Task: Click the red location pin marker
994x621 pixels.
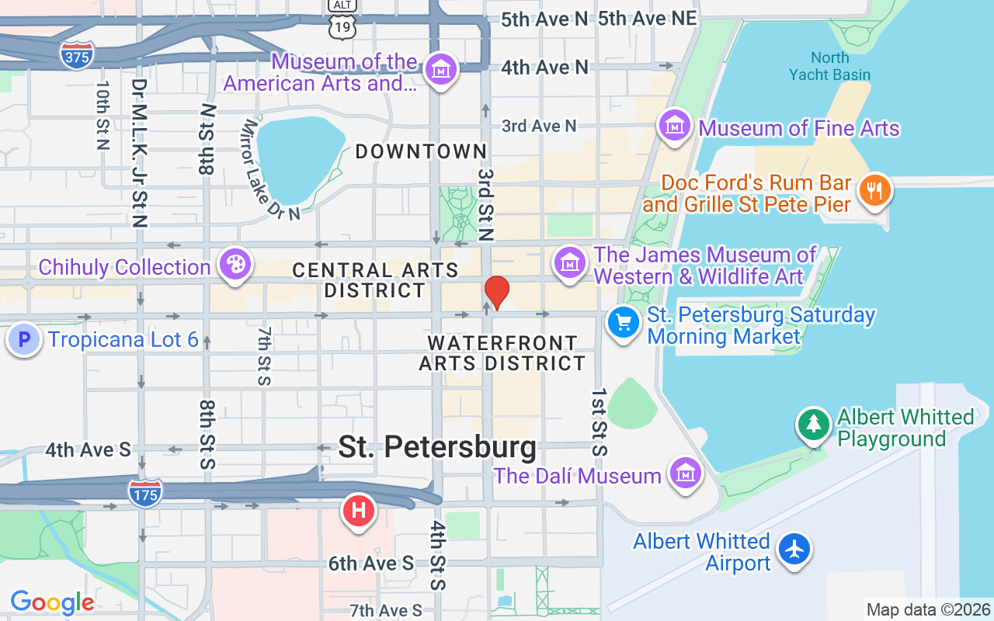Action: click(497, 292)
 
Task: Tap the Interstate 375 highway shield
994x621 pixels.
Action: click(77, 55)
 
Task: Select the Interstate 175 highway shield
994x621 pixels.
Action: click(145, 494)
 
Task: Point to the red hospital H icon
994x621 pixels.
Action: click(359, 511)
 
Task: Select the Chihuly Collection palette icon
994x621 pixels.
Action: click(235, 264)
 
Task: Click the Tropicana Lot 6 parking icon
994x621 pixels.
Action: click(24, 340)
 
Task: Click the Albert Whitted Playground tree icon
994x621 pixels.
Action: click(813, 424)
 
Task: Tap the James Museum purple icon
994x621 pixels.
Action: click(570, 262)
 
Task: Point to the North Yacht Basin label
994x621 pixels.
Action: click(830, 66)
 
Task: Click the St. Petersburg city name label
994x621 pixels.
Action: click(437, 447)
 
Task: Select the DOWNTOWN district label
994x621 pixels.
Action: click(421, 151)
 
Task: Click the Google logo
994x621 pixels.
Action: click(52, 602)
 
